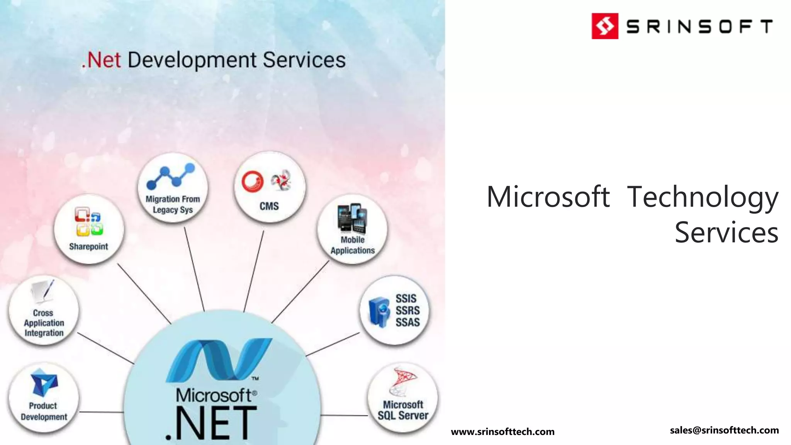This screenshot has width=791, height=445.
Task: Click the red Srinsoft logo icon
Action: (x=605, y=26)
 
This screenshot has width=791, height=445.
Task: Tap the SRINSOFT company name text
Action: (x=699, y=27)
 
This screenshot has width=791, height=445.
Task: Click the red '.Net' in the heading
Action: (x=101, y=60)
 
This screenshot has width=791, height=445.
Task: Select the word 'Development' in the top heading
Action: (x=192, y=60)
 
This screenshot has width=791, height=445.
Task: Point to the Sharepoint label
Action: (x=88, y=246)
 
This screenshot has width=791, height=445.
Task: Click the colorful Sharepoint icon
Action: (x=88, y=222)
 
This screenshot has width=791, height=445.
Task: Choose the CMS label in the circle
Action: (x=269, y=206)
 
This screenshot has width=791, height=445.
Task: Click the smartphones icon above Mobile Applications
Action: (x=352, y=219)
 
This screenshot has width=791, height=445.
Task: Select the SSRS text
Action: (x=407, y=311)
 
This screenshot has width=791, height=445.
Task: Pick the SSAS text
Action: (x=407, y=322)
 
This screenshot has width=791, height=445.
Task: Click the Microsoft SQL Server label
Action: (x=403, y=410)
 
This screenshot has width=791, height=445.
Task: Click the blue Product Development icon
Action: (x=44, y=382)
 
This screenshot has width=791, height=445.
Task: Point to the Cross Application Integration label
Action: (x=44, y=323)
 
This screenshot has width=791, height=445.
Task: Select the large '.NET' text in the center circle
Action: (x=211, y=423)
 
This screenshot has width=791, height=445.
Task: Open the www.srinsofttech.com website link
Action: (x=502, y=431)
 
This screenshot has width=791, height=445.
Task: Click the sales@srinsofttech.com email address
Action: (x=724, y=430)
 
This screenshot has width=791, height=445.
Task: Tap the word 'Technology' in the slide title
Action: (x=702, y=197)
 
